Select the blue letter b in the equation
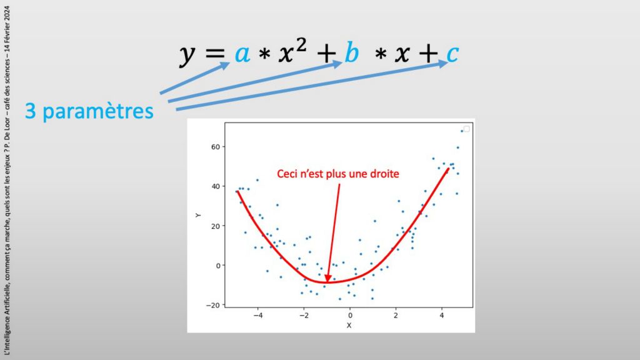[x=352, y=52]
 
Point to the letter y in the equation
[x=187, y=56]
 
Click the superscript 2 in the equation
[x=301, y=45]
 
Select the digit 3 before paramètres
[x=31, y=111]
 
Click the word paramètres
[x=98, y=112]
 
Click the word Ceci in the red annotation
[x=286, y=174]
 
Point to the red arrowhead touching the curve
[x=327, y=278]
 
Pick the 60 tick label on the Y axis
[x=216, y=147]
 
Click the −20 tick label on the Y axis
[x=212, y=305]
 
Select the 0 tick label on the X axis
[x=350, y=316]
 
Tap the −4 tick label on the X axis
[x=258, y=316]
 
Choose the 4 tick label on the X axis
[x=442, y=316]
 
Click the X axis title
[x=349, y=325]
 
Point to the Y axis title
[x=198, y=215]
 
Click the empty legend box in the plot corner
[x=466, y=129]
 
